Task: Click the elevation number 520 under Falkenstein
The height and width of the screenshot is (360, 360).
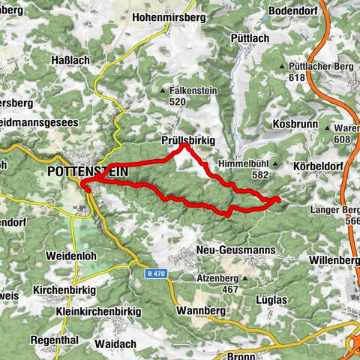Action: [178, 101]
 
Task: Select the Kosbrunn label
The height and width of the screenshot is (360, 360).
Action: [296, 123]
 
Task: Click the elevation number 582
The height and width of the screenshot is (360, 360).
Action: [261, 175]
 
